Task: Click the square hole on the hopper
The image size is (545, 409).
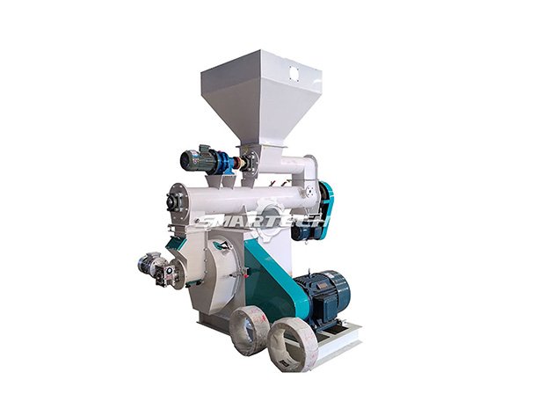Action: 294,73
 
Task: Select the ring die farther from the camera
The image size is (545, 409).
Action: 247,327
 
